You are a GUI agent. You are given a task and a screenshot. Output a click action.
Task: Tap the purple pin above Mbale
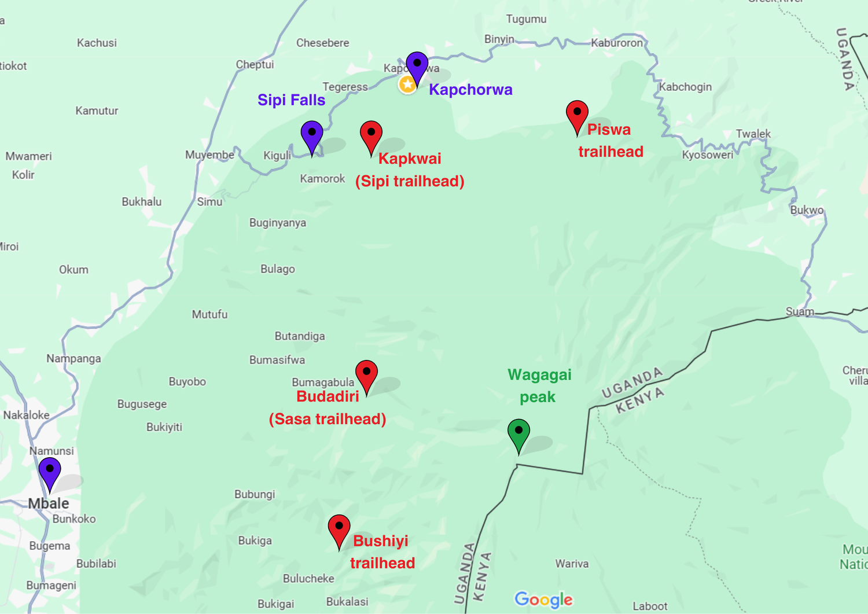click(x=50, y=470)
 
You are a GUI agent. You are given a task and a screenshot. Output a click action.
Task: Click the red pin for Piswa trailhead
click(x=577, y=113)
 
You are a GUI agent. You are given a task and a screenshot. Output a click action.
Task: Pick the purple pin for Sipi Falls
click(x=312, y=134)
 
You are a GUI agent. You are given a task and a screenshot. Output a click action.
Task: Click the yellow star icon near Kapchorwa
click(x=407, y=84)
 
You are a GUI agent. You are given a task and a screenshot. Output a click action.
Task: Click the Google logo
click(x=543, y=600)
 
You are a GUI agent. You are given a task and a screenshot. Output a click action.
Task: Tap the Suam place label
click(x=800, y=312)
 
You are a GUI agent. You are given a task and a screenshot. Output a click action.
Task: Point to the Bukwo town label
click(x=807, y=210)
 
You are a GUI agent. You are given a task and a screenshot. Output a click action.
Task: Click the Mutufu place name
click(x=209, y=314)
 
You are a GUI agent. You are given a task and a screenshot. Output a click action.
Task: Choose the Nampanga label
click(x=73, y=359)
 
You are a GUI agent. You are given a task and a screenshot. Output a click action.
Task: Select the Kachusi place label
click(x=97, y=43)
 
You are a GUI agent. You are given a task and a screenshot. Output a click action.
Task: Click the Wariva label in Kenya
click(x=572, y=564)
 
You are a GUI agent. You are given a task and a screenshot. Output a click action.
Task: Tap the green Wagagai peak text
click(x=539, y=386)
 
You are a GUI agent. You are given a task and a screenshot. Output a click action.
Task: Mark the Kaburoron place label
click(x=617, y=43)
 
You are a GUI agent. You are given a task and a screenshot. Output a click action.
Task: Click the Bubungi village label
click(x=255, y=494)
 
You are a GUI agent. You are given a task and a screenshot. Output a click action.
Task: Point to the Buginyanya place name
click(x=278, y=223)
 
